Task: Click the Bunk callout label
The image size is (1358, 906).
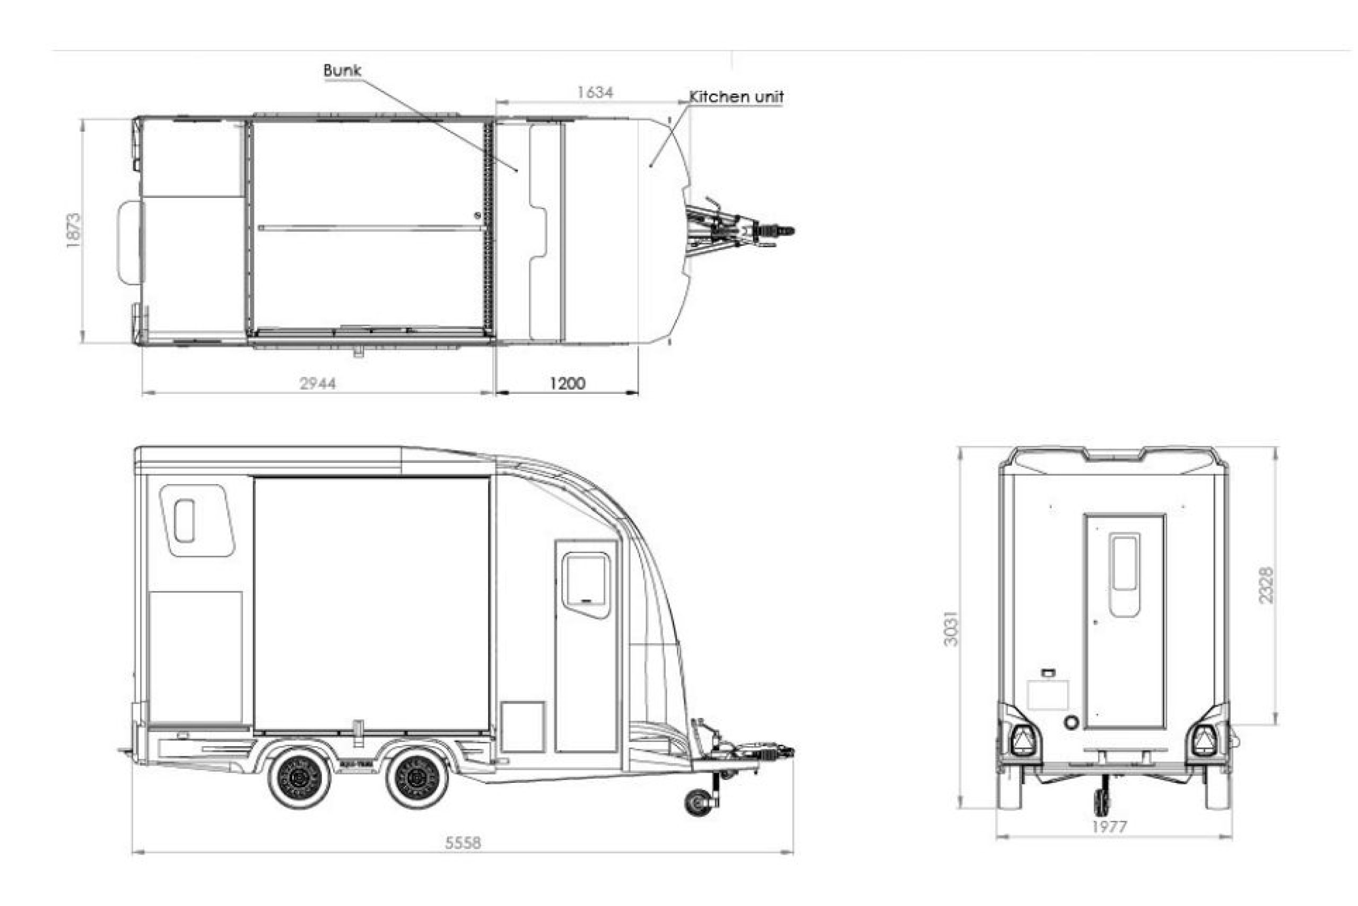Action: tap(342, 71)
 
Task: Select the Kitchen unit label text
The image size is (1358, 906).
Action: tap(737, 97)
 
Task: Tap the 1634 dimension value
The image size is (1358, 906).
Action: tap(595, 92)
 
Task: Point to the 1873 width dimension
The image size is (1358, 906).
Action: tap(73, 230)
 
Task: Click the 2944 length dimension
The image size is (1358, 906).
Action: tap(318, 383)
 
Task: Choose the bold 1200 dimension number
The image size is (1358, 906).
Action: tap(567, 383)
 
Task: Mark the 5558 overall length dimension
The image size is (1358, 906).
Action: tap(463, 843)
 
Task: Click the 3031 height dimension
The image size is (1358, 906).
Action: tap(951, 628)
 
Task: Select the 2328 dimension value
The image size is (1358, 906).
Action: tap(1266, 585)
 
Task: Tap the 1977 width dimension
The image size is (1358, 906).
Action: tap(1109, 827)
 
